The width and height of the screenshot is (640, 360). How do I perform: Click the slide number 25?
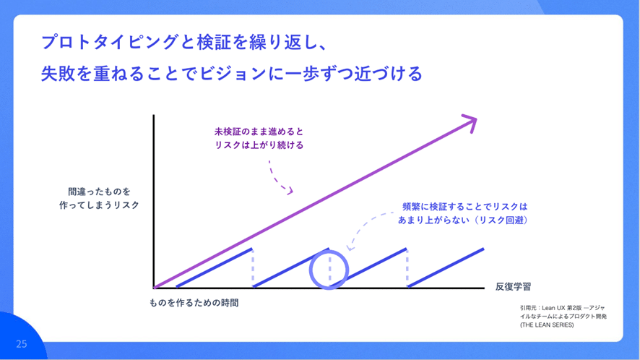pos(21,343)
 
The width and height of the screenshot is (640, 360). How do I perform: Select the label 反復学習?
pos(513,287)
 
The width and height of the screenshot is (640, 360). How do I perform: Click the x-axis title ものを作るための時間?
pos(194,303)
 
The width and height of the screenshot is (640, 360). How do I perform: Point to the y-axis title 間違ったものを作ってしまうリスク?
pos(99,198)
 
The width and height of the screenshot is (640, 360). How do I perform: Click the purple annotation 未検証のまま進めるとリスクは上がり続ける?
pos(259,138)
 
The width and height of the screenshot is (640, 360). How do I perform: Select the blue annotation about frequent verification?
pos(463,213)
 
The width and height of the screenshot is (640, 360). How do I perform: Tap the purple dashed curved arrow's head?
pos(290,190)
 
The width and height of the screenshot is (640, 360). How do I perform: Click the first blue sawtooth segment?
pos(215,267)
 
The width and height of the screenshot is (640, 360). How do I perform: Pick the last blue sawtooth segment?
pos(446,267)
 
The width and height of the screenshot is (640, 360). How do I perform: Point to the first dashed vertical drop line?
pos(253,267)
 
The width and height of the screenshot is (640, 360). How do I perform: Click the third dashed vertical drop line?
pos(407,267)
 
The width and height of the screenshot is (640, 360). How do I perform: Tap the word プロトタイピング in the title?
pos(110,42)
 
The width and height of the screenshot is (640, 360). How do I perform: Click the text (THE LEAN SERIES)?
pos(547,325)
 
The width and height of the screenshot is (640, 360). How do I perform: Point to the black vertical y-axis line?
pos(153,202)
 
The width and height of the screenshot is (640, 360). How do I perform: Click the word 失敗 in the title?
pos(58,74)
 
